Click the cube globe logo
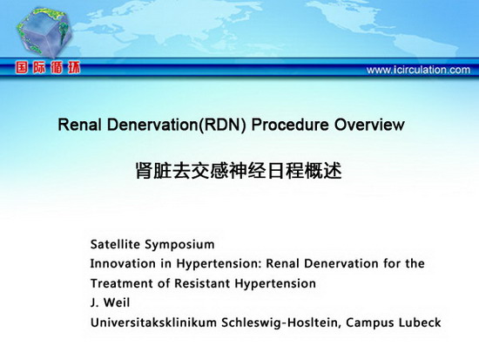(44, 32)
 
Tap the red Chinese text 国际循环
(48, 68)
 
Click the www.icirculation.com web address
(418, 70)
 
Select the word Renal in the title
(79, 125)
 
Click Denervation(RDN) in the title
(176, 125)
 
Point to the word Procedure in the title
(290, 125)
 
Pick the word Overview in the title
(369, 125)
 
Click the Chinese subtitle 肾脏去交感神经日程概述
(239, 171)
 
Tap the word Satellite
(115, 244)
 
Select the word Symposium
(179, 245)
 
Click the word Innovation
(123, 263)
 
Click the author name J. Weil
(110, 302)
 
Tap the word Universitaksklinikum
(153, 323)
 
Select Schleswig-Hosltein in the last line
(281, 323)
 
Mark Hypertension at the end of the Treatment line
(275, 284)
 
